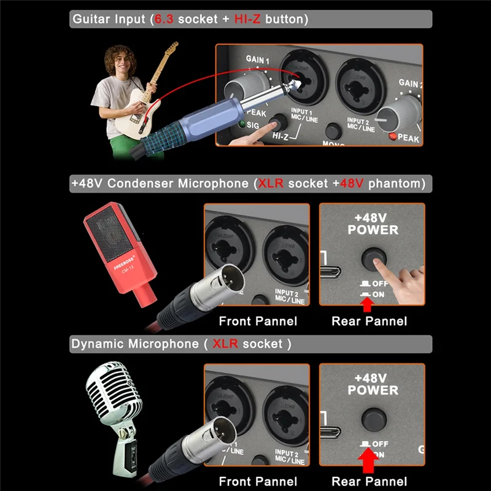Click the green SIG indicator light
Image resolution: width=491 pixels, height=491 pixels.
[x=244, y=125]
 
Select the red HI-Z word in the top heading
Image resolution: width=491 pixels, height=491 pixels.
[x=248, y=19]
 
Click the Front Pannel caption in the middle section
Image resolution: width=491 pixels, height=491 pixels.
[x=258, y=321]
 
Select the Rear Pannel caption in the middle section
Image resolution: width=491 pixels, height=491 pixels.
[x=369, y=321]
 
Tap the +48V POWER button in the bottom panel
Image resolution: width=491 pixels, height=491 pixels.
[x=373, y=420]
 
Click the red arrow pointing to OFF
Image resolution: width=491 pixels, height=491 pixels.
[x=368, y=462]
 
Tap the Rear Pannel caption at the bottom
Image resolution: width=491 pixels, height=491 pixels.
[x=369, y=482]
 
